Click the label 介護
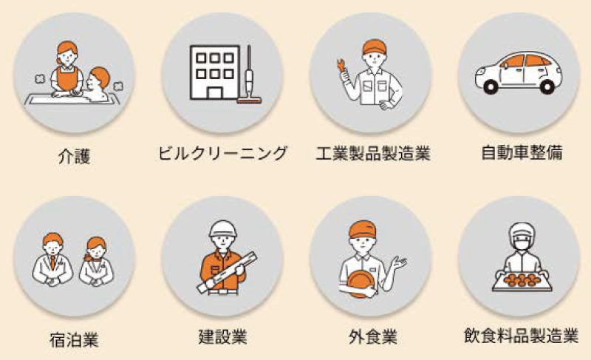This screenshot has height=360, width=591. pos(75,155)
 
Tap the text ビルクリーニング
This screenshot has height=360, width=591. pos(222,154)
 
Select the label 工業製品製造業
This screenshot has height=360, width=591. pos(373,154)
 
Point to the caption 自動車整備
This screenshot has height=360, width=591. pos(522,153)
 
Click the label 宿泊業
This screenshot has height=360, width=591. pos(75,339)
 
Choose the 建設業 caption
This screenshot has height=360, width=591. pos(222,336)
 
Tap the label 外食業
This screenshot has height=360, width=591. pos(373,336)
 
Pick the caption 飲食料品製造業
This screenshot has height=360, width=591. pos(522,336)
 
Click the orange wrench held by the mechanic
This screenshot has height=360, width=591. pos(341,65)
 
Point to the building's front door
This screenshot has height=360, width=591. pos(215,92)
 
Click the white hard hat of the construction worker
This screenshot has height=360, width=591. pos(223,228)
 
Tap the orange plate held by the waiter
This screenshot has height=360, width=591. pos(360,283)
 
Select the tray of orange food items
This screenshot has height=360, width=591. pos(522,282)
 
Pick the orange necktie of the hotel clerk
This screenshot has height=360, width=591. pos(52,262)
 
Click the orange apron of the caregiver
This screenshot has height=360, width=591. pos(67,78)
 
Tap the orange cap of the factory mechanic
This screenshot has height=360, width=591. pos(375,47)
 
